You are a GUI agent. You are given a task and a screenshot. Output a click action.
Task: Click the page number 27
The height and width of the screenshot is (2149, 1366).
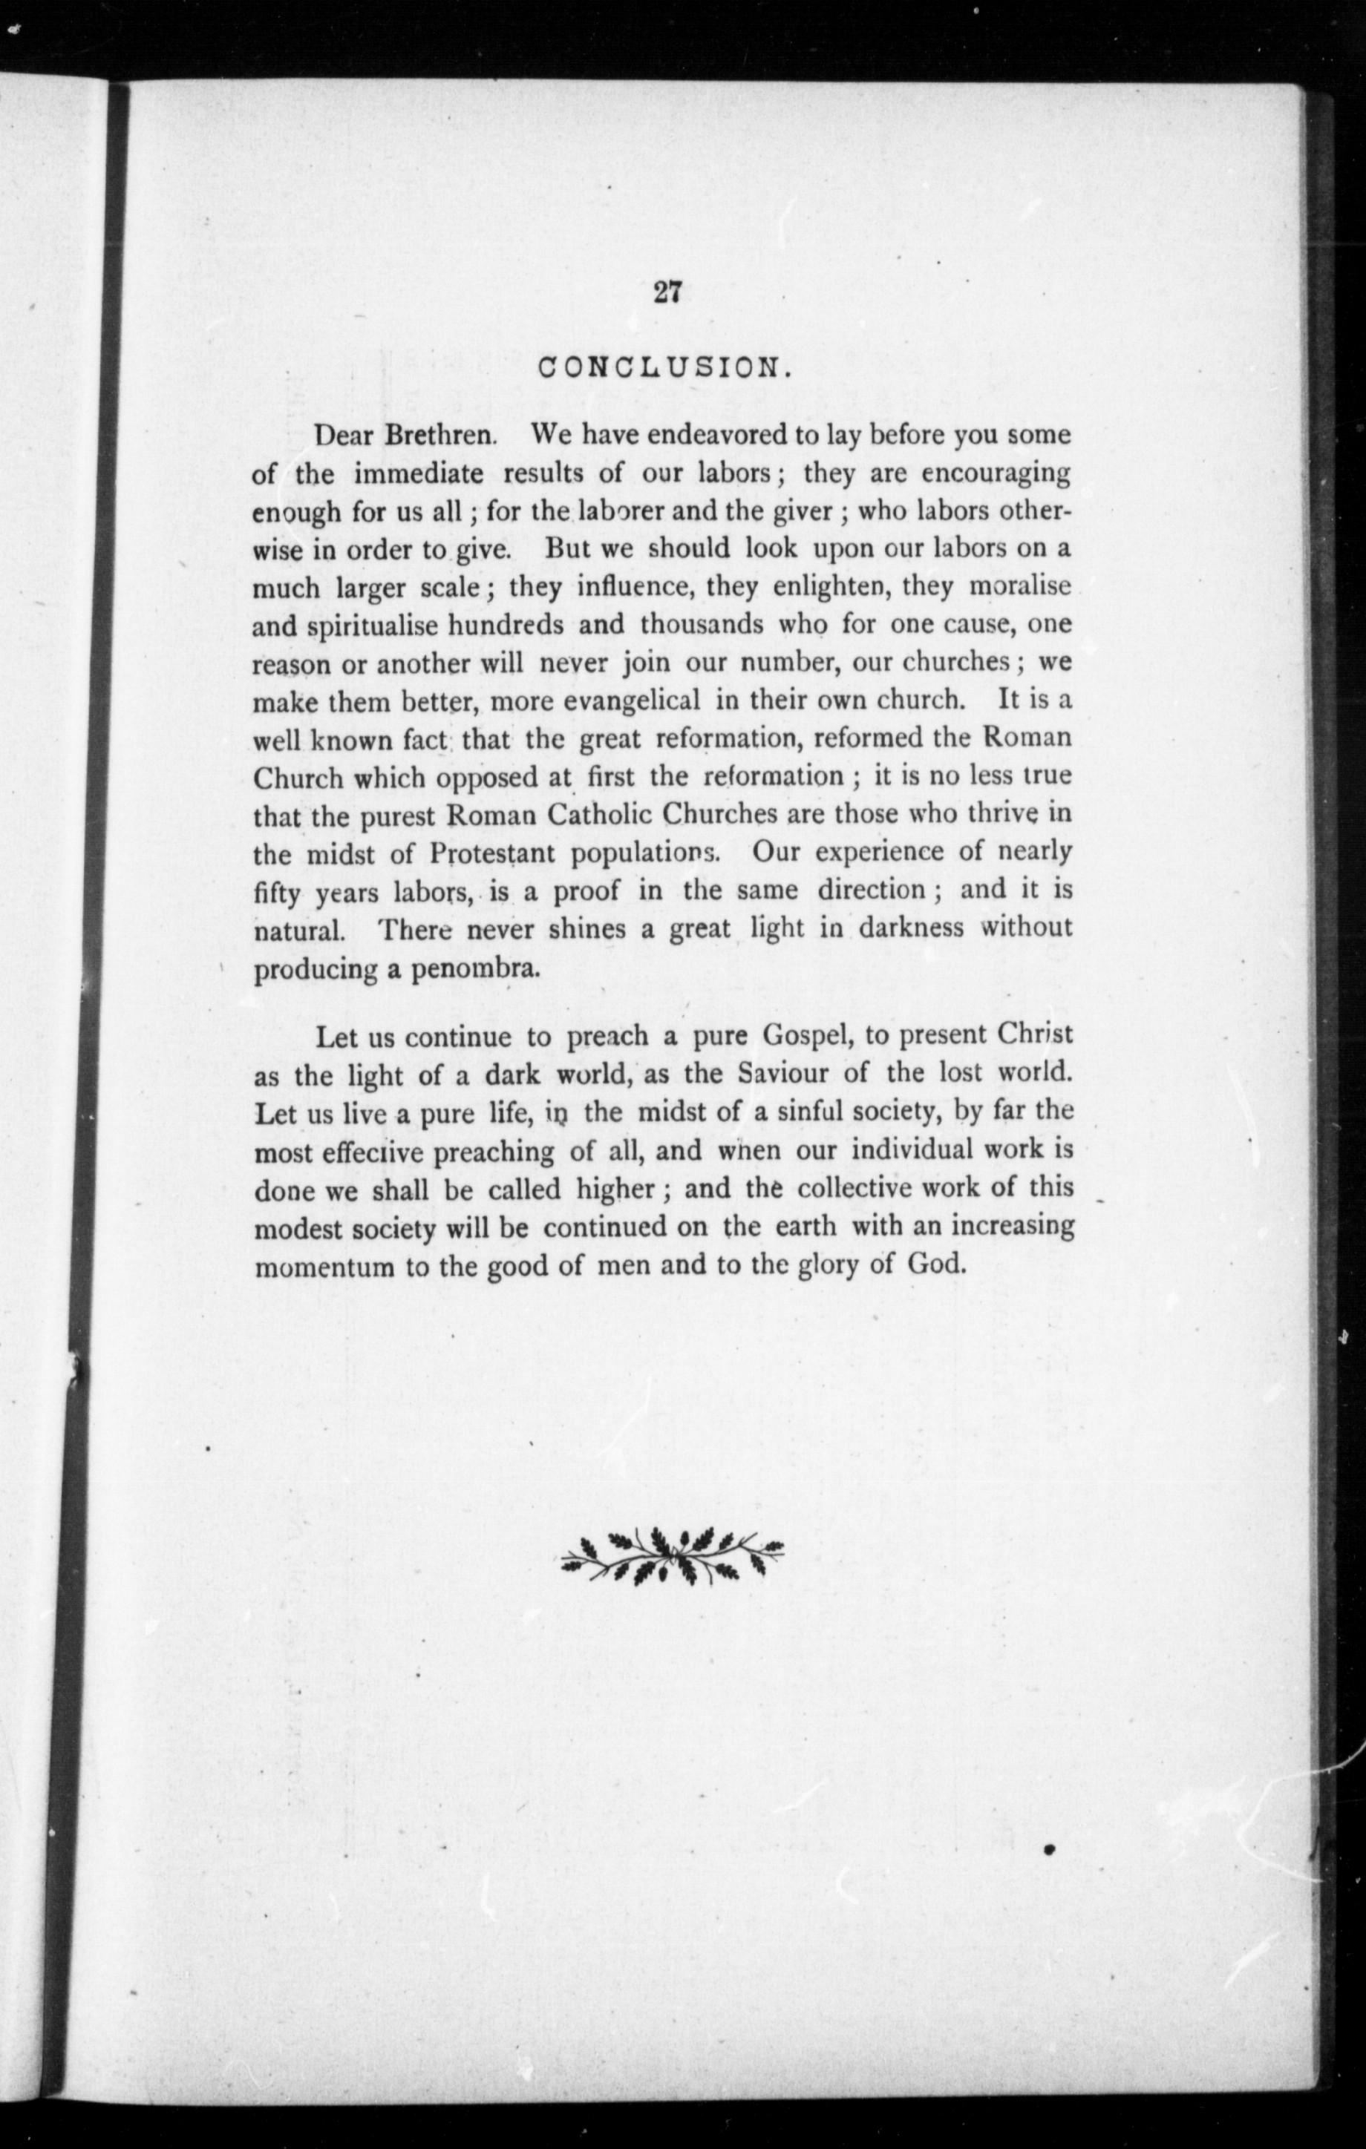click(667, 292)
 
